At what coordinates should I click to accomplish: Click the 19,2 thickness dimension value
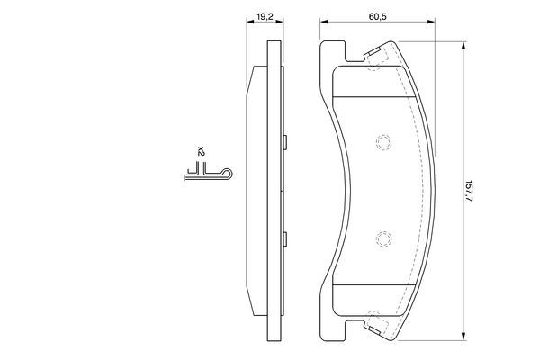click(x=265, y=16)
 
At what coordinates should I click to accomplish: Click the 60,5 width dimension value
click(x=377, y=16)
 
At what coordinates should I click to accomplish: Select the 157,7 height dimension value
click(x=468, y=191)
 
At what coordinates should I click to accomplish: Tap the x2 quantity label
click(x=201, y=151)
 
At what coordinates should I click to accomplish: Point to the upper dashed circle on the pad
click(x=383, y=142)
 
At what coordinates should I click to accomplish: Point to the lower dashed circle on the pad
click(x=383, y=239)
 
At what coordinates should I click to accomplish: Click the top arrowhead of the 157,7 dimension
click(x=463, y=46)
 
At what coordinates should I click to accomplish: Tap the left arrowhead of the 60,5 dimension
click(x=324, y=22)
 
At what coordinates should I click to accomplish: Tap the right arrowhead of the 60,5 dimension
click(x=430, y=22)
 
